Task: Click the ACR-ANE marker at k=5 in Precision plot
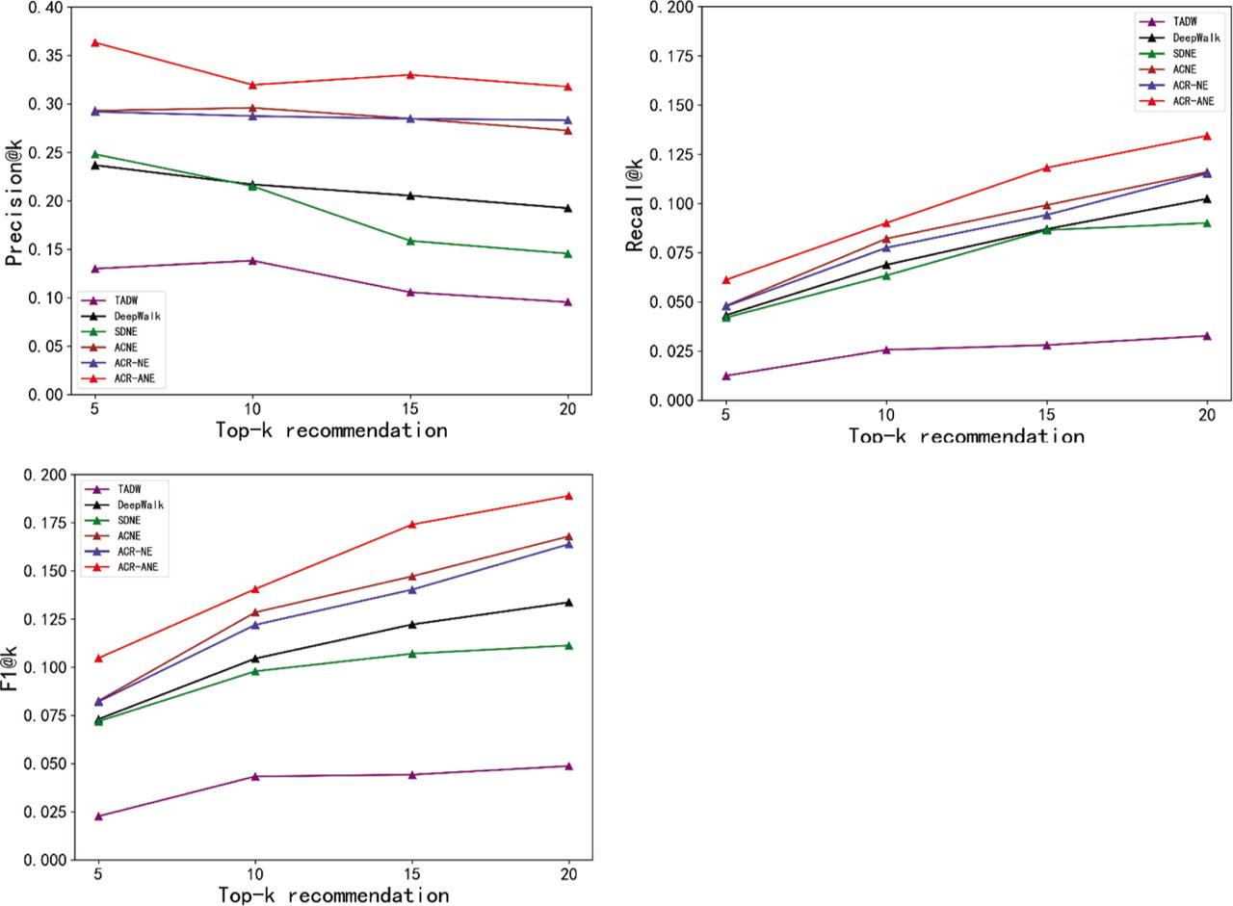pos(95,42)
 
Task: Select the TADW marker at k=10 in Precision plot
pos(252,261)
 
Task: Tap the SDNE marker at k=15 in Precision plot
pos(410,241)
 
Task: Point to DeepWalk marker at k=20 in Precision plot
pos(567,208)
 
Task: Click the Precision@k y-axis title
pos(14,201)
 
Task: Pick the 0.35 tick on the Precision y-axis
pos(42,56)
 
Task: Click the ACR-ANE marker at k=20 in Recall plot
pos(1206,136)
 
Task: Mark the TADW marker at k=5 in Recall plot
pos(726,375)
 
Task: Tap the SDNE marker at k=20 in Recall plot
pos(1206,223)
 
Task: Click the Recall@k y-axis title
pos(635,203)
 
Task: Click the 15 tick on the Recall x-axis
pos(1046,415)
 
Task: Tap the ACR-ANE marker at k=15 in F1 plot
pos(410,525)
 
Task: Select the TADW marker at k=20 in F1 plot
pos(567,766)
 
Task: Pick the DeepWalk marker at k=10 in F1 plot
pos(254,660)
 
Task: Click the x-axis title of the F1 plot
pos(332,895)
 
